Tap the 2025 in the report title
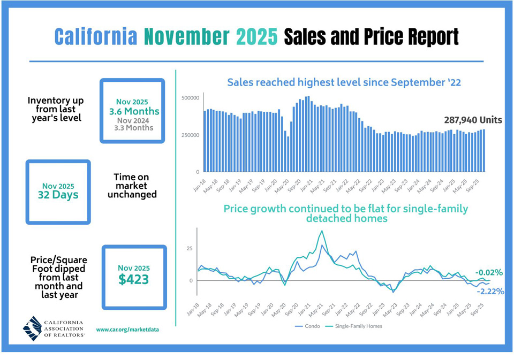pyautogui.click(x=256, y=36)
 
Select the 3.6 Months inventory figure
pyautogui.click(x=134, y=111)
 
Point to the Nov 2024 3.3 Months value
pyautogui.click(x=133, y=124)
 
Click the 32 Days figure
pyautogui.click(x=58, y=195)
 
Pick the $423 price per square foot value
pyautogui.click(x=134, y=279)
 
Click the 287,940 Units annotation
pyautogui.click(x=473, y=120)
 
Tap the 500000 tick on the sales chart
pyautogui.click(x=190, y=98)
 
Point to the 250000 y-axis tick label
pyautogui.click(x=190, y=135)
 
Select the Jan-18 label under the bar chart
pyautogui.click(x=200, y=186)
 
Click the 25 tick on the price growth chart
pyautogui.click(x=190, y=248)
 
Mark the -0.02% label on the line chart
pyautogui.click(x=489, y=272)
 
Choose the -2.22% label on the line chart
pyautogui.click(x=490, y=291)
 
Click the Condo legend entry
pyautogui.click(x=307, y=326)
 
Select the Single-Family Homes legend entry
pyautogui.click(x=353, y=326)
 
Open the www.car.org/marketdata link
pyautogui.click(x=127, y=330)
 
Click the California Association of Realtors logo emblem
pyautogui.click(x=33, y=328)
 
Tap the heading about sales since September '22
pyautogui.click(x=344, y=82)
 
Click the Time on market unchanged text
pyautogui.click(x=132, y=186)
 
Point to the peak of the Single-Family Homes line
pyautogui.click(x=322, y=231)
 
